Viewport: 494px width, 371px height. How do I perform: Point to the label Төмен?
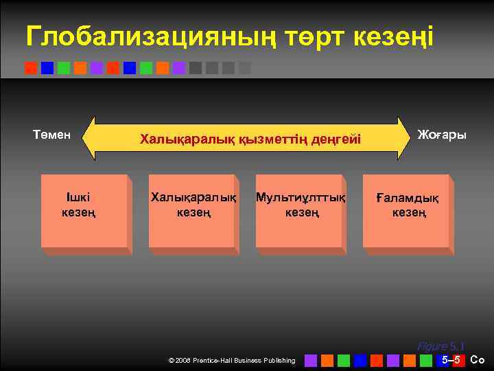(52, 135)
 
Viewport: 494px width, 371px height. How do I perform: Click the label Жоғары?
(442, 135)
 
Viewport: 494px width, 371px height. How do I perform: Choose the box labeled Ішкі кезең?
(84, 210)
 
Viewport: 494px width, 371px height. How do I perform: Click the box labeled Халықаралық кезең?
(192, 210)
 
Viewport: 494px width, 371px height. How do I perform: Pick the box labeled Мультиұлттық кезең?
(300, 210)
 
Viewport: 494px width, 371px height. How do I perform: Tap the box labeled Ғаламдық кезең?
(407, 210)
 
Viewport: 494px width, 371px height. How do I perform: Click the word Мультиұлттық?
(300, 198)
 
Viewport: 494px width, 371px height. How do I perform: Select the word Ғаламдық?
(408, 199)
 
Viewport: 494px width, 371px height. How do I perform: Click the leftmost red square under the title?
(30, 68)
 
